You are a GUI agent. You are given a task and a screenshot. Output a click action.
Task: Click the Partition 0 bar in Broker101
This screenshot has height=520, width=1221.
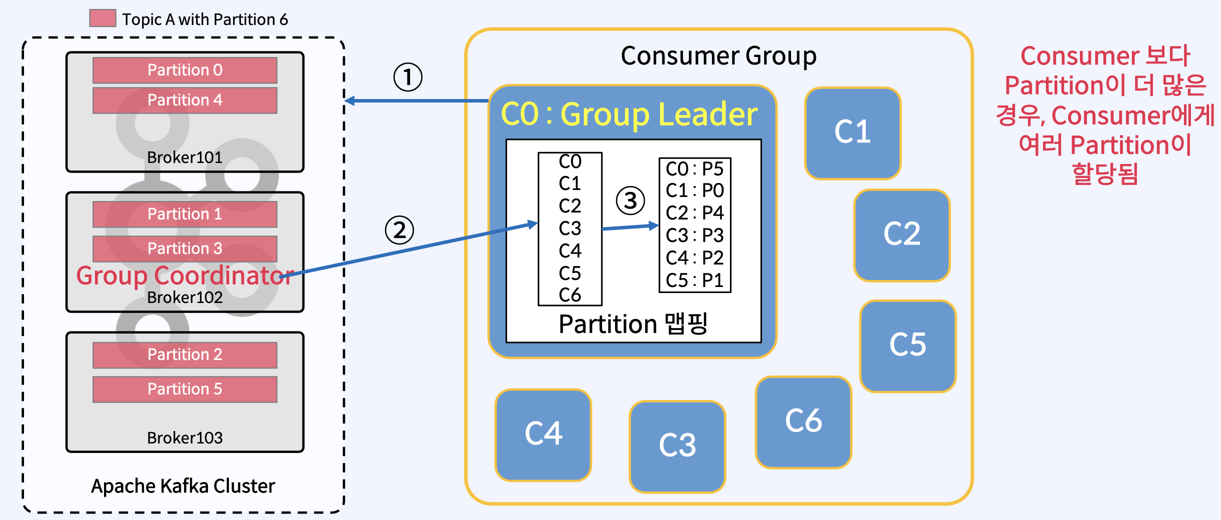[184, 70]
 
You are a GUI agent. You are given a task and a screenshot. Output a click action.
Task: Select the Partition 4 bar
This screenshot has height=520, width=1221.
[184, 100]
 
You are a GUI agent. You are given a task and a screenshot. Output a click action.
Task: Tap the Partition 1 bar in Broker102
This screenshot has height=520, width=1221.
[184, 214]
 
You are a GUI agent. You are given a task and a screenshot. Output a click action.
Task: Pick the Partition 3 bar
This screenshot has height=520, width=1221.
[184, 248]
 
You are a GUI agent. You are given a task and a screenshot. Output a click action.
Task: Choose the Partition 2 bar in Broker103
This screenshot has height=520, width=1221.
[184, 354]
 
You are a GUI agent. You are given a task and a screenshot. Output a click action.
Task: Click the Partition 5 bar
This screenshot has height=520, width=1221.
[184, 389]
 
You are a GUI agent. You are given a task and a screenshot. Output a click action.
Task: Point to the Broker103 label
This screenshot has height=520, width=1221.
[184, 438]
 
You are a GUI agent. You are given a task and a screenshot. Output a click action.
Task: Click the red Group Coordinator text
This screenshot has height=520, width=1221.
[184, 275]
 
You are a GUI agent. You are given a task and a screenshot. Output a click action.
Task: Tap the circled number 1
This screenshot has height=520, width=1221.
[407, 77]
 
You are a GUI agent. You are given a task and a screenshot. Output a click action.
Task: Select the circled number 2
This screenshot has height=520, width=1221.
[399, 230]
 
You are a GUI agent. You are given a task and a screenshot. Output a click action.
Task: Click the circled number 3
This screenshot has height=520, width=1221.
[630, 201]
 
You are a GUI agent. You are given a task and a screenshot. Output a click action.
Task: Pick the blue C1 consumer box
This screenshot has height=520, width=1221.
[852, 133]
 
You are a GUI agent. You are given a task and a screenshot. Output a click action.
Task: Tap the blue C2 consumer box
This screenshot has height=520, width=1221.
[901, 235]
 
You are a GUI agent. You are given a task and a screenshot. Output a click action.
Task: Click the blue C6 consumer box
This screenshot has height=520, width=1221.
[803, 422]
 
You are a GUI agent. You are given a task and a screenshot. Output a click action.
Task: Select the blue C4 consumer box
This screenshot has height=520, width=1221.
[543, 434]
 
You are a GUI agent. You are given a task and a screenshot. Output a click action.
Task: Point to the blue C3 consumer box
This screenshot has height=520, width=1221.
[677, 446]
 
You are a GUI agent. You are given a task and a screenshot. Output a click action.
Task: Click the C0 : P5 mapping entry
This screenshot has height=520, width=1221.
[694, 169]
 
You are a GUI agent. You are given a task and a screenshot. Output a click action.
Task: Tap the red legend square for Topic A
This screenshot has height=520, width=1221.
[102, 18]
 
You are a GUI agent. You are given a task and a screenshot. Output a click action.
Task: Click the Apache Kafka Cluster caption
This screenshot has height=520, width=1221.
[183, 486]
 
